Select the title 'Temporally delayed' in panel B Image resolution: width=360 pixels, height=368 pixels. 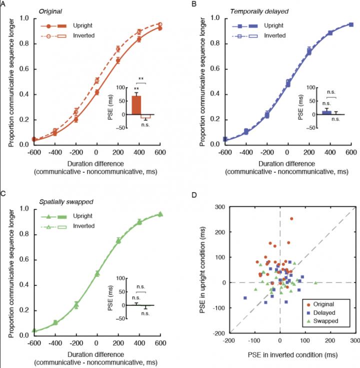coord(235,10)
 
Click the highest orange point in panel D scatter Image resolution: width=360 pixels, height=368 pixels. coord(291,219)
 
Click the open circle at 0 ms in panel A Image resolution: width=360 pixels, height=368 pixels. coord(97,80)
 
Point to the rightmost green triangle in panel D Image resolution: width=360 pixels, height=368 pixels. coord(315,283)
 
